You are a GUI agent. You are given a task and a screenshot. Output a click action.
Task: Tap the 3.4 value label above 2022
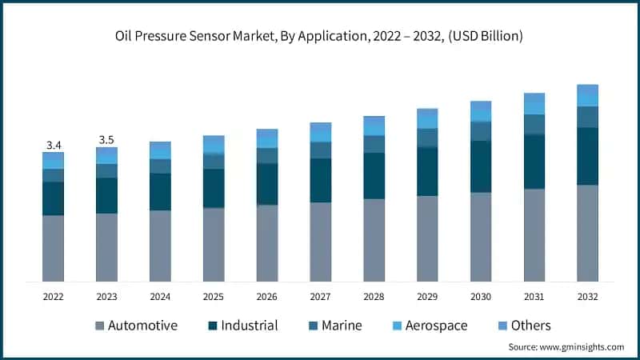[x=54, y=145]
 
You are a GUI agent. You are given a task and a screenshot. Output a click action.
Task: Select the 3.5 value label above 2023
[x=106, y=140]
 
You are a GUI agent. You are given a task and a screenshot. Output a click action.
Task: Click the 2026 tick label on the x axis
[x=267, y=296]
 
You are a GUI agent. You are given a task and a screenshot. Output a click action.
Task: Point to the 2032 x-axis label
[x=588, y=296]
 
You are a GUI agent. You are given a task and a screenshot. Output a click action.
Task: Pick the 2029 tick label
[x=427, y=296]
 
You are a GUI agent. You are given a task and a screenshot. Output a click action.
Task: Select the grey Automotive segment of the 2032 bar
[x=588, y=233]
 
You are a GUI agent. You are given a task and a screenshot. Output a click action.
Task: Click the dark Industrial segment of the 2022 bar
[x=54, y=198]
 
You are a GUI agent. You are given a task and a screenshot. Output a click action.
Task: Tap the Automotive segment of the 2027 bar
[x=321, y=242]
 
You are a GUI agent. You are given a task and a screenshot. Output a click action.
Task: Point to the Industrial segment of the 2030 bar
[x=481, y=166]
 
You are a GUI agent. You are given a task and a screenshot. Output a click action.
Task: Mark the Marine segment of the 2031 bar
[x=534, y=124]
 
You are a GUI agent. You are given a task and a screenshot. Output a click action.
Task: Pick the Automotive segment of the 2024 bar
[x=160, y=246]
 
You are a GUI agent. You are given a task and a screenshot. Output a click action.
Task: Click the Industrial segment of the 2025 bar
[x=214, y=188]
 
